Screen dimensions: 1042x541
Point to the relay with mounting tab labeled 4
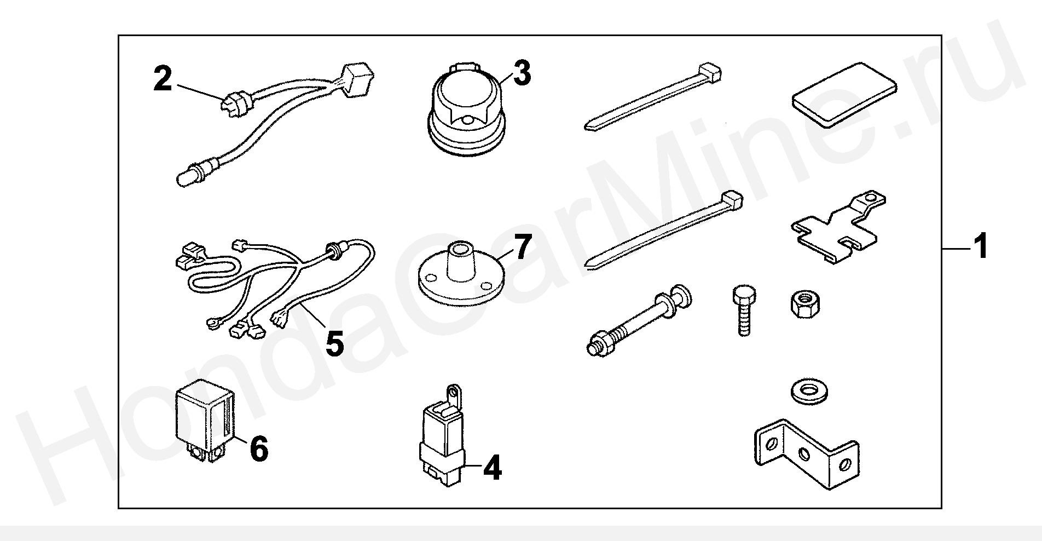tap(442, 439)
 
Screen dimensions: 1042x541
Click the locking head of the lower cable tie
tap(732, 199)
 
